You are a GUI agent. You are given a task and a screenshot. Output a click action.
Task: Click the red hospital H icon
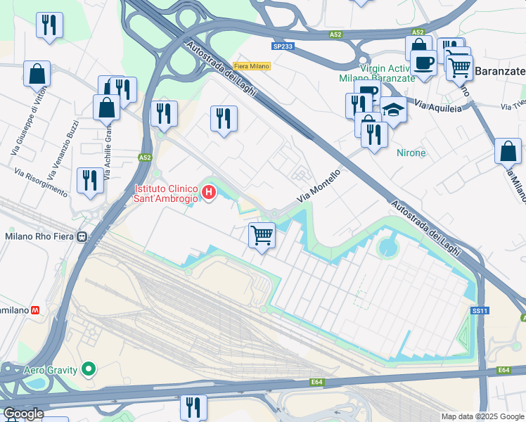[x=209, y=191]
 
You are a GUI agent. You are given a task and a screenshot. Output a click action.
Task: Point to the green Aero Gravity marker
[x=88, y=369]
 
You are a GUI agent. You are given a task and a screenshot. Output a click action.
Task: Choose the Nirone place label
[x=411, y=153]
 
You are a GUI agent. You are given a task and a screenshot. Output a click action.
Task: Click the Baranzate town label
[x=499, y=71]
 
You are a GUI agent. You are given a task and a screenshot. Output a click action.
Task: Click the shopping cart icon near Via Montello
[x=262, y=235]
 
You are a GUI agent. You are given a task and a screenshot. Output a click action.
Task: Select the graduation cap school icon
[x=394, y=111]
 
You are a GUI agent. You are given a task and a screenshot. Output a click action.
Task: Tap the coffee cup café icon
[x=423, y=63]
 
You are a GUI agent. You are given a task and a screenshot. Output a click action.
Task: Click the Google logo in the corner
[x=23, y=413]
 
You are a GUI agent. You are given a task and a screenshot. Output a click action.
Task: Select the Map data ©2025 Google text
[x=482, y=416]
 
